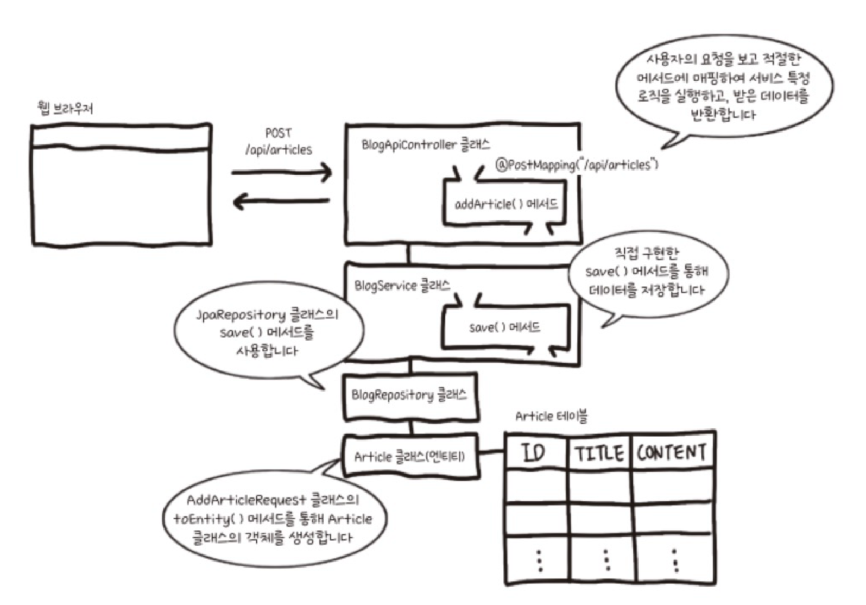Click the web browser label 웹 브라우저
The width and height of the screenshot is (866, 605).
point(65,109)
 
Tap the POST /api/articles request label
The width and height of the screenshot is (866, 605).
point(279,142)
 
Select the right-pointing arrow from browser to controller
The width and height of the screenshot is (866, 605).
point(281,173)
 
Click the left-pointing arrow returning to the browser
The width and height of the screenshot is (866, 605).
point(281,202)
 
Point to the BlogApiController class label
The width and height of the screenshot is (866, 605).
point(425,145)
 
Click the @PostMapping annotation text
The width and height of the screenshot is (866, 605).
point(577,165)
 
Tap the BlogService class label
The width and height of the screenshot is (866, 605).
point(402,286)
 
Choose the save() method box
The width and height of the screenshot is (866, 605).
point(505,327)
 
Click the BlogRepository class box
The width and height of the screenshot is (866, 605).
point(410,395)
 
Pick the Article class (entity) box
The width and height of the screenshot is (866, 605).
point(410,456)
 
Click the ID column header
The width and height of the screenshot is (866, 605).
point(534,452)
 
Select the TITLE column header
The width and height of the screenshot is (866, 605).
point(599,452)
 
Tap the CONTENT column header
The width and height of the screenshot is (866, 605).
point(672,452)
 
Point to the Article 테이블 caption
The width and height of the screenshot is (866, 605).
point(551,417)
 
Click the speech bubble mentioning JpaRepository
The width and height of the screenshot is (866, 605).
point(267,332)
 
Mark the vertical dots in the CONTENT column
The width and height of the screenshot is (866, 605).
point(675,560)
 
